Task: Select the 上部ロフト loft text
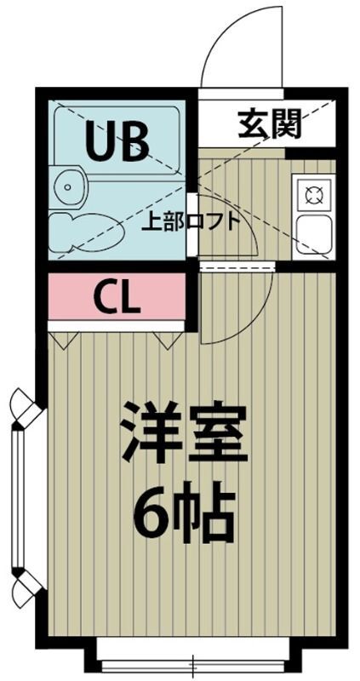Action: tap(189, 222)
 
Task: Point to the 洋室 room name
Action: tap(182, 433)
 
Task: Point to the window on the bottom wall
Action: tap(192, 660)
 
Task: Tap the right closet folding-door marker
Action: tap(166, 341)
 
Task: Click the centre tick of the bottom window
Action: tap(192, 661)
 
